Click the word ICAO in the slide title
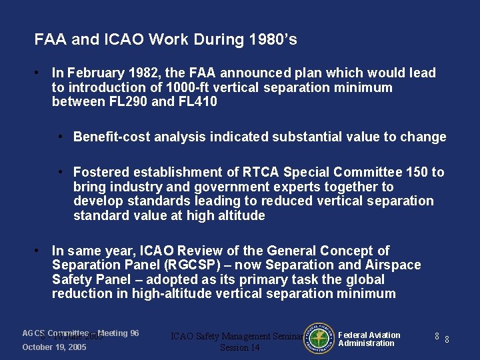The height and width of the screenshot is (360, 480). click(123, 40)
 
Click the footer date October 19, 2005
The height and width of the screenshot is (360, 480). click(54, 347)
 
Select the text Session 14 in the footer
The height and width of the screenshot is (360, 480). click(239, 348)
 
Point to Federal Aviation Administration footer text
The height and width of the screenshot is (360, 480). click(369, 339)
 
